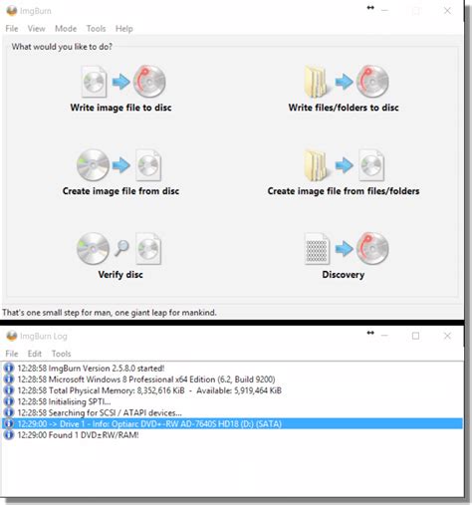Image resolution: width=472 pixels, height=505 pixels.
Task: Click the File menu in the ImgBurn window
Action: (12, 29)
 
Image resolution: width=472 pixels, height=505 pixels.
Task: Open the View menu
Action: (37, 29)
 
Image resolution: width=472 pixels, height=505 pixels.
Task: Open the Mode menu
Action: (66, 29)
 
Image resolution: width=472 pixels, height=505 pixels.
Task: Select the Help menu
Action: (124, 29)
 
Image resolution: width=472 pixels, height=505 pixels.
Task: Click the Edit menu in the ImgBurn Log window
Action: (36, 354)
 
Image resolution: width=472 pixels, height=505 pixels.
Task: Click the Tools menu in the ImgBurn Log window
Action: (62, 354)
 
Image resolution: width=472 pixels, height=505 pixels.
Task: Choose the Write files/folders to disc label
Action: (344, 107)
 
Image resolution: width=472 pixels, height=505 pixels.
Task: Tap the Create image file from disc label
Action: (120, 191)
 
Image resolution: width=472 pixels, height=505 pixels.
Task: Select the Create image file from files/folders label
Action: (344, 191)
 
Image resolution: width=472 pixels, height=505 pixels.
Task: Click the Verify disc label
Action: (120, 276)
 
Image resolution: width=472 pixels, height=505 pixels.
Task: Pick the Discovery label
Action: (344, 276)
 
